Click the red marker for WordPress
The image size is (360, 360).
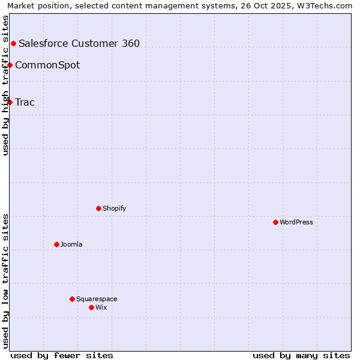[x=275, y=222]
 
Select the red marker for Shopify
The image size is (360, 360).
[x=98, y=208]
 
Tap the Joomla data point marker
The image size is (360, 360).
[x=56, y=244]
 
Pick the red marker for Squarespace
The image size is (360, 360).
[x=72, y=299]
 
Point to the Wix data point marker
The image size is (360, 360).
[x=91, y=307]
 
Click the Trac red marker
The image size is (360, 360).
[x=10, y=102]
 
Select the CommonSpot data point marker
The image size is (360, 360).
[x=10, y=65]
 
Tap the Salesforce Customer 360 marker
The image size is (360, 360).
[x=13, y=43]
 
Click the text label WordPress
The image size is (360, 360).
[x=296, y=222]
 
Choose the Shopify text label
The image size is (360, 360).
[x=114, y=208]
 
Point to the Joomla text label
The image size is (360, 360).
[x=71, y=244]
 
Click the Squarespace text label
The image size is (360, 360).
[x=97, y=299]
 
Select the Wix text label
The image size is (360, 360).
[x=101, y=307]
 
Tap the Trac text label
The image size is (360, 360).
[x=25, y=102]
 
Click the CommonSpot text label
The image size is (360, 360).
[x=47, y=65]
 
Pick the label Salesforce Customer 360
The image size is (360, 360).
[x=79, y=43]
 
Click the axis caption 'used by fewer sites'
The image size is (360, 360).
[x=62, y=355]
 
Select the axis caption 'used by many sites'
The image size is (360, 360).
[x=301, y=355]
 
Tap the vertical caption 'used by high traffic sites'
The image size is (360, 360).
[x=5, y=85]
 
